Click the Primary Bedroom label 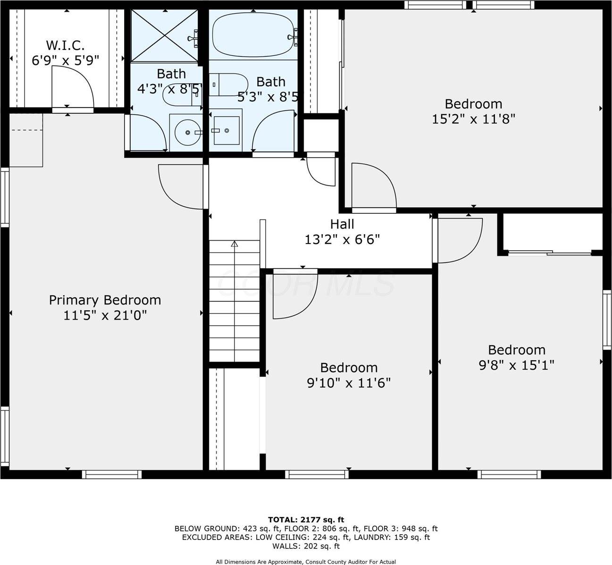click(105, 300)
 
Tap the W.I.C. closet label click(65, 46)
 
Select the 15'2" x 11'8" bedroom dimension click(473, 118)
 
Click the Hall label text click(342, 224)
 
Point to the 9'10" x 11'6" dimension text click(349, 383)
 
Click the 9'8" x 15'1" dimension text click(516, 365)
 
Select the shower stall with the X click(164, 35)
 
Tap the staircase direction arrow click(234, 244)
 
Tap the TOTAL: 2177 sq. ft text click(306, 520)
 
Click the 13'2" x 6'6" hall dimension click(342, 240)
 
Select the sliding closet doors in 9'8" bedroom click(550, 253)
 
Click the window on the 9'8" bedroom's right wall click(606, 320)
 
